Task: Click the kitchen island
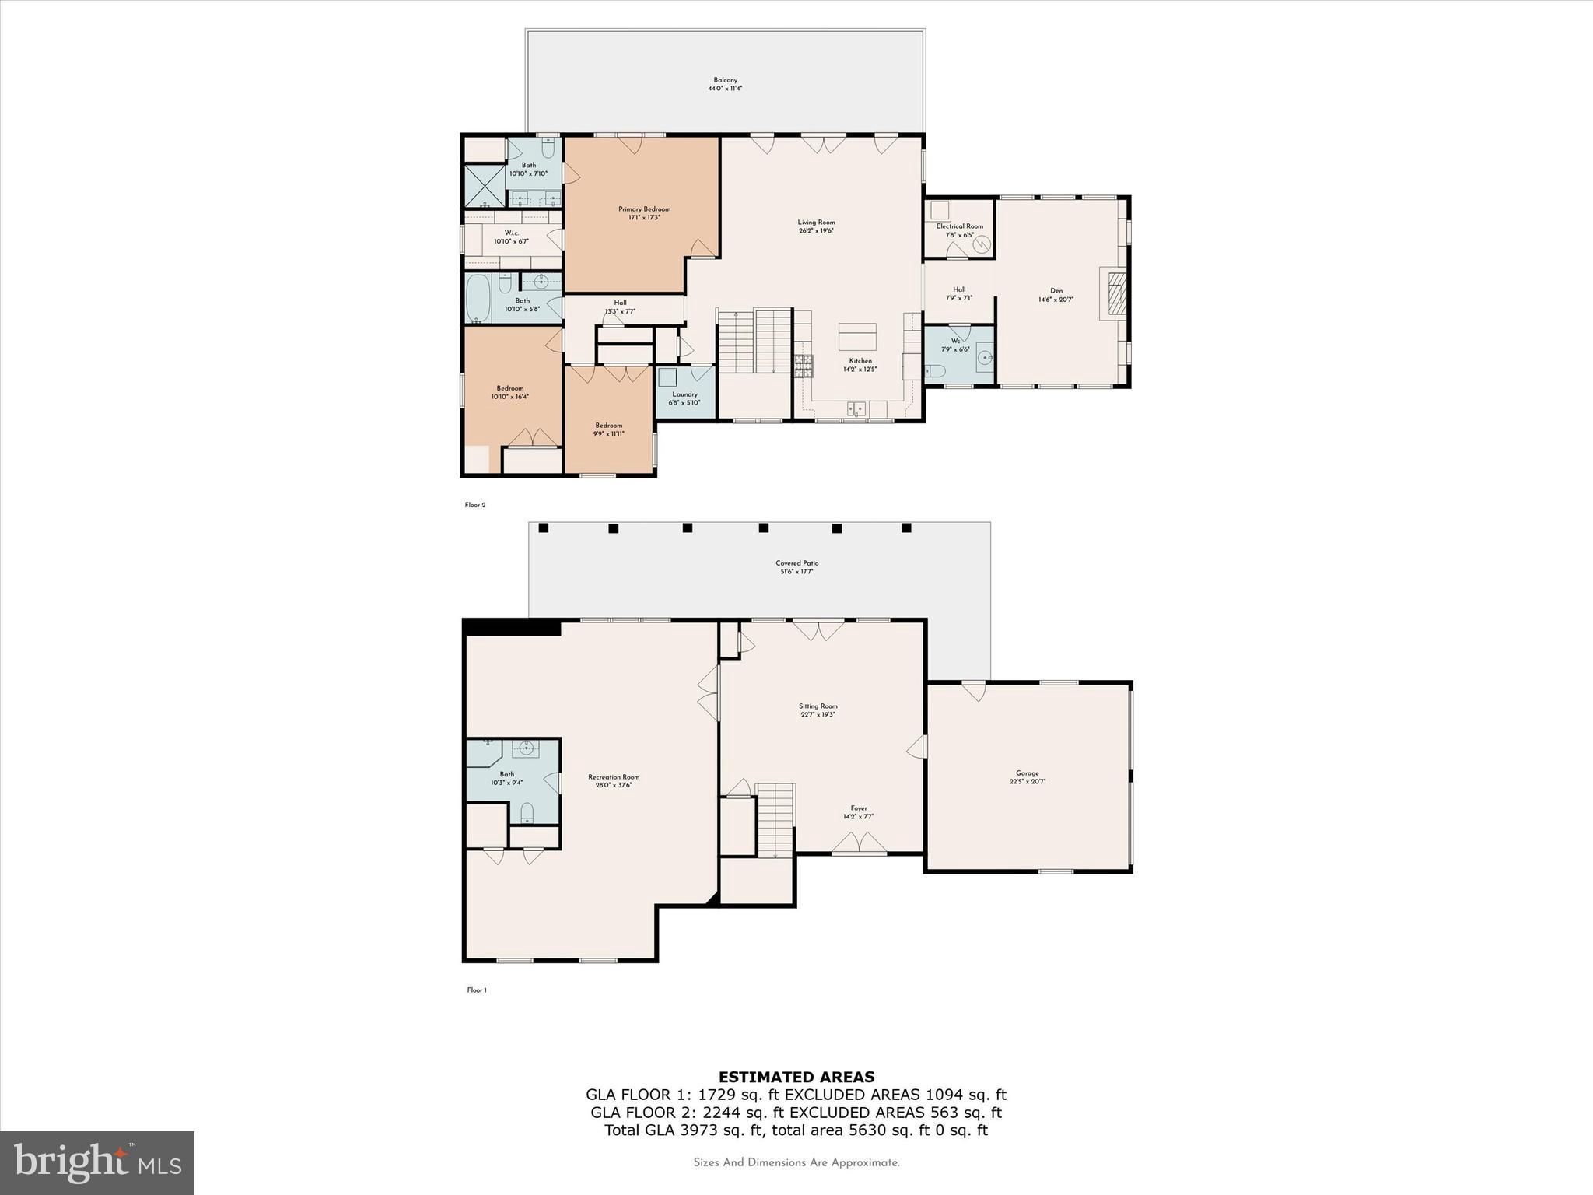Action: coord(857,338)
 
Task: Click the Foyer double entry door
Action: coord(859,844)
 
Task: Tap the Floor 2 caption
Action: coord(474,505)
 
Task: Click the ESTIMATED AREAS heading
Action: coord(796,1077)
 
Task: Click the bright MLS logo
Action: coord(97,1162)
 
